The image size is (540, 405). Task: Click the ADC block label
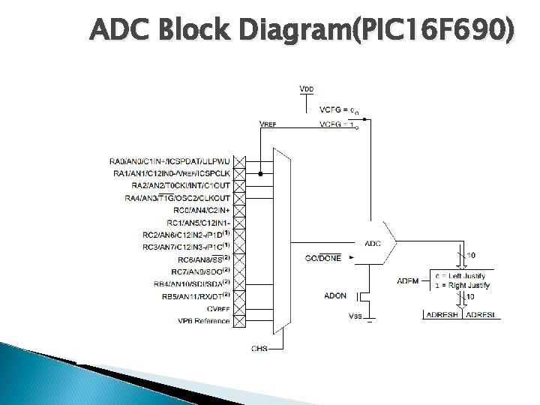[x=373, y=242]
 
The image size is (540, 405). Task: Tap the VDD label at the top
[x=307, y=88]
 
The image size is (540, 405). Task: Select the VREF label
[x=267, y=124]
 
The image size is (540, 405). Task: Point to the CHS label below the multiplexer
[x=259, y=348]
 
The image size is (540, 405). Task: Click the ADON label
[x=335, y=295]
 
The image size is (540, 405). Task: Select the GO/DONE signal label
[x=323, y=258]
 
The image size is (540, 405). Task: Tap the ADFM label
[x=408, y=280]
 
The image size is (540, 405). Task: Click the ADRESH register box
[x=442, y=315]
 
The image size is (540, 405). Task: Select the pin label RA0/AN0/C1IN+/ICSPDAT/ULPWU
[x=169, y=161]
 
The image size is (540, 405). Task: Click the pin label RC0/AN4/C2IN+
[x=201, y=210]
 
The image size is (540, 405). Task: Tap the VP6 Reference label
[x=204, y=321]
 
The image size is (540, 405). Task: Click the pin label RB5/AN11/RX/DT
[x=190, y=296]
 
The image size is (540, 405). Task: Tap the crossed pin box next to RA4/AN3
[x=239, y=198]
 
